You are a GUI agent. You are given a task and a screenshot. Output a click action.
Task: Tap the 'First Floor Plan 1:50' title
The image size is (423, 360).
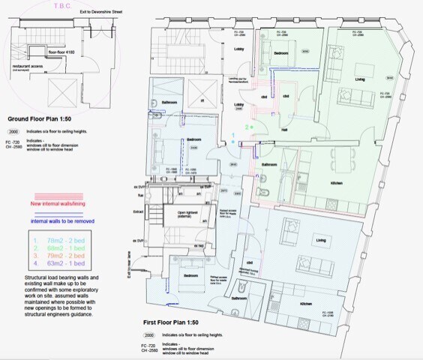click(x=178, y=321)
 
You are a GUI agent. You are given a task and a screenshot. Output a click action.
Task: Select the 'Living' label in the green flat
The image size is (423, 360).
click(x=360, y=79)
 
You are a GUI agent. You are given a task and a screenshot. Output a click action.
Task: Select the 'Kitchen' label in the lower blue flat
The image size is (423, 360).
click(x=306, y=304)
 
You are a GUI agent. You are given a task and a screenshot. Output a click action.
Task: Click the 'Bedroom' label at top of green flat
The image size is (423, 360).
click(x=281, y=54)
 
